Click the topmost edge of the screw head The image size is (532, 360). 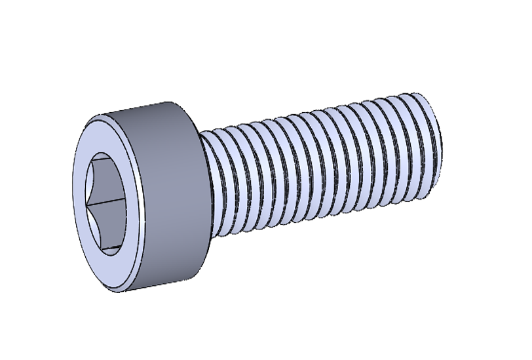(151, 103)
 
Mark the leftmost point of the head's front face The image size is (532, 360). (70, 204)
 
